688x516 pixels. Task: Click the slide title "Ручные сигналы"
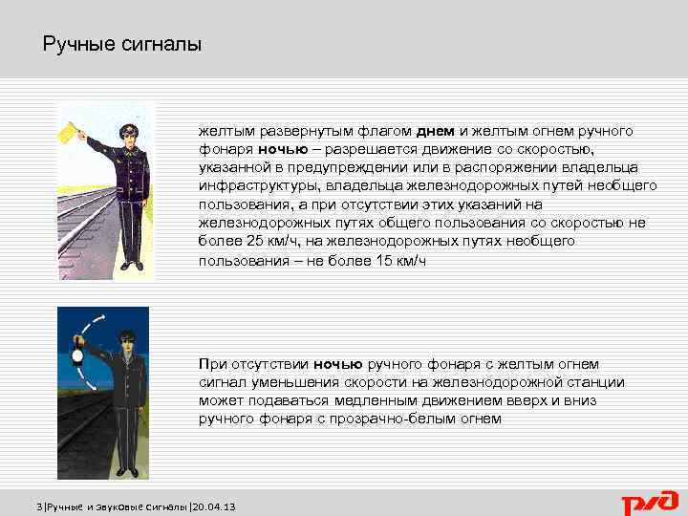click(x=122, y=45)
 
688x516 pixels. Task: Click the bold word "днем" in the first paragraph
click(x=436, y=131)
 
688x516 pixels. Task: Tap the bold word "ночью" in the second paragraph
click(x=336, y=364)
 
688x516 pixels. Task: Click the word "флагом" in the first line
click(x=384, y=131)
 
